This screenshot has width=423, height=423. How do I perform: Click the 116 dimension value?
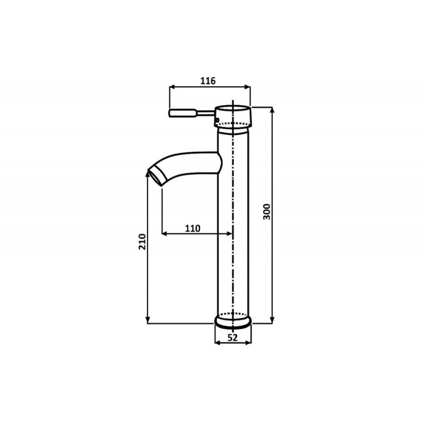208,81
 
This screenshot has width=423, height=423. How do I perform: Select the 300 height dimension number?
267,212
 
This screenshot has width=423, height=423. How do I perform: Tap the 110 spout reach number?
192,228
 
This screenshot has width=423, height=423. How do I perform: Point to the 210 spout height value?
142,242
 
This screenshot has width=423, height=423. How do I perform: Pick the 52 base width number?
233,337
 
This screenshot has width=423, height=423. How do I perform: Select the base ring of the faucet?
233,321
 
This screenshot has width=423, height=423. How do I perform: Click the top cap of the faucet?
233,116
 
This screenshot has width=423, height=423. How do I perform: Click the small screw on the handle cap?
217,119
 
